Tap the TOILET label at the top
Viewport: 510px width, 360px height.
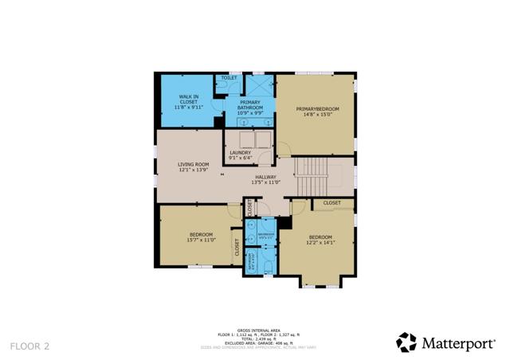[229, 78]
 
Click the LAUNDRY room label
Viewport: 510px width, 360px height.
[241, 152]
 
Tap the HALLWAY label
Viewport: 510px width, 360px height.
[265, 177]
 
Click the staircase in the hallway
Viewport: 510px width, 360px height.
[312, 170]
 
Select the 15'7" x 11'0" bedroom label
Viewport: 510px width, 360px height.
[200, 237]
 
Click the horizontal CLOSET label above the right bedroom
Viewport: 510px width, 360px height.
[332, 203]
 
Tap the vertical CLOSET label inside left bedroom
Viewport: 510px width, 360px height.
[237, 247]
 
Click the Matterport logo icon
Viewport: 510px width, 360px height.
[406, 342]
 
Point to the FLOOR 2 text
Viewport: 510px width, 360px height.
[29, 346]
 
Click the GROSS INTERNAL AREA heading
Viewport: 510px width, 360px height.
[254, 328]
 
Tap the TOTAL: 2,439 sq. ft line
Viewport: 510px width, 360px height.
[254, 338]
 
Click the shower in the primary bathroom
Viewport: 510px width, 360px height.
[259, 85]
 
